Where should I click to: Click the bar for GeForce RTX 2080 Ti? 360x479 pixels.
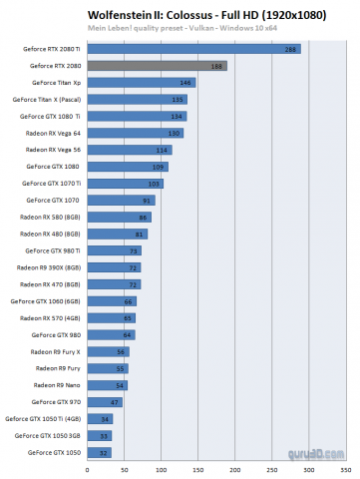(x=193, y=48)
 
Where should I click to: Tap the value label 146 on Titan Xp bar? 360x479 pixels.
(x=185, y=83)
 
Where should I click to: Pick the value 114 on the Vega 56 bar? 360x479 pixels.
(x=164, y=150)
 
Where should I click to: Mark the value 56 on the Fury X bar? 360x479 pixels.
(x=122, y=351)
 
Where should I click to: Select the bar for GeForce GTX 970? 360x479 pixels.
(x=105, y=401)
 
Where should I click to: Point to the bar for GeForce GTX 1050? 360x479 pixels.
(x=100, y=452)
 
